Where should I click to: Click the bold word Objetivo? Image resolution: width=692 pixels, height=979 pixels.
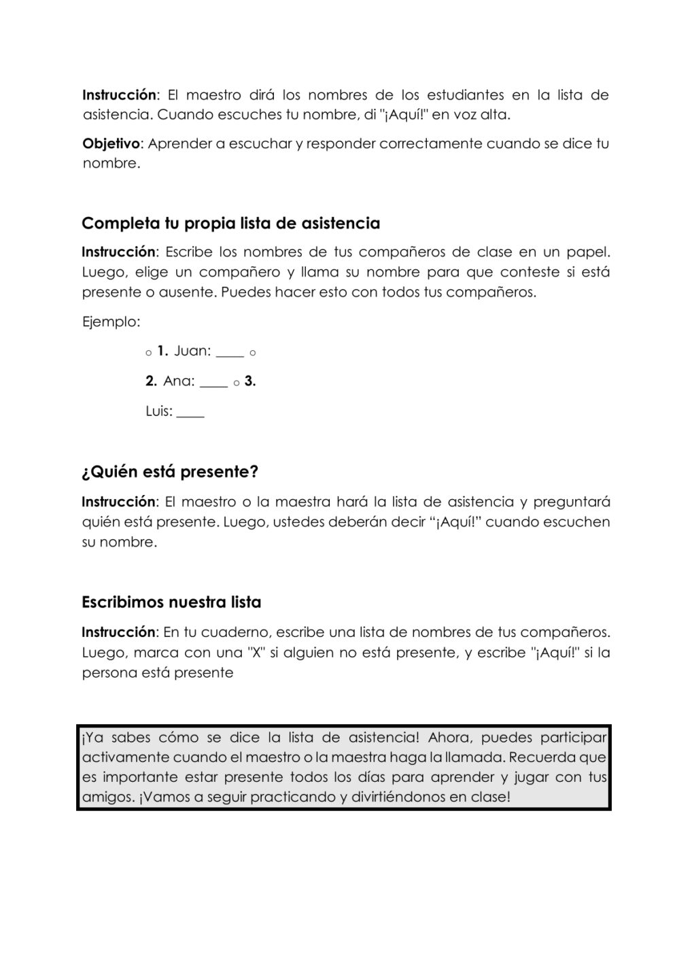pyautogui.click(x=111, y=144)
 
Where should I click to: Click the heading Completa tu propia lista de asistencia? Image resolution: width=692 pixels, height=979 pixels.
pyautogui.click(x=230, y=223)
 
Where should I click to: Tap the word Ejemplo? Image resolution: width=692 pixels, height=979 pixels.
pyautogui.click(x=110, y=322)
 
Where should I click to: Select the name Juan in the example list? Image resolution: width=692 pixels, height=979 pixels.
pyautogui.click(x=192, y=351)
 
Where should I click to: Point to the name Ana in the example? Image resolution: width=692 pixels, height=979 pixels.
pyautogui.click(x=178, y=381)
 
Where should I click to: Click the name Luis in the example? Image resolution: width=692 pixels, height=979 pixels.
pyautogui.click(x=158, y=411)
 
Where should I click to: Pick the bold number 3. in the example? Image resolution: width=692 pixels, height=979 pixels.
pyautogui.click(x=250, y=381)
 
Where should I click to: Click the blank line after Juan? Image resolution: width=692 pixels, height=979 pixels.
pyautogui.click(x=230, y=354)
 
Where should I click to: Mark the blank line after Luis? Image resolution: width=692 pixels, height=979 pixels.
pyautogui.click(x=190, y=415)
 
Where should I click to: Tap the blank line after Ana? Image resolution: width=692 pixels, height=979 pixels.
pyautogui.click(x=213, y=385)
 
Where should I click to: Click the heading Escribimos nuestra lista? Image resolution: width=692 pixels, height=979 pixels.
pyautogui.click(x=171, y=602)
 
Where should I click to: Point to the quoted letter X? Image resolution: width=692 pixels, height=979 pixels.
pyautogui.click(x=257, y=653)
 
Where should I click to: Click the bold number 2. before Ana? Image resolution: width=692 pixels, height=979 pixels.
pyautogui.click(x=152, y=381)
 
